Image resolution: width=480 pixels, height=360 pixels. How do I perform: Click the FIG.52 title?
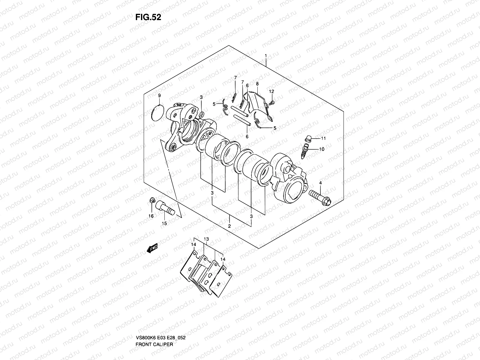click(x=148, y=17)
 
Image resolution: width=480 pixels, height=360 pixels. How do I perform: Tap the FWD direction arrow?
click(x=152, y=249)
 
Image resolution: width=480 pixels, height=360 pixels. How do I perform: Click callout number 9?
click(x=159, y=95)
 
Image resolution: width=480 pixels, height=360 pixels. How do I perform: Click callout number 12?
click(x=271, y=91)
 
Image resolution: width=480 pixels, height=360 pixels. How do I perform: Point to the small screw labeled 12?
click(x=272, y=103)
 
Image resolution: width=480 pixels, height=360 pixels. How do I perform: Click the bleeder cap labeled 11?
click(x=308, y=139)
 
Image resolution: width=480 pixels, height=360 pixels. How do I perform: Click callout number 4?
click(x=320, y=183)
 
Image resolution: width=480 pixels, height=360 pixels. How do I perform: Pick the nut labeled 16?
click(x=152, y=200)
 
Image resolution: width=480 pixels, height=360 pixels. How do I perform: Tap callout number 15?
click(x=164, y=223)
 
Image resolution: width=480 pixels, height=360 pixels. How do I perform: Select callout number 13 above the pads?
click(x=206, y=239)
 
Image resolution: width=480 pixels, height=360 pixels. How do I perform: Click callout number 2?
click(x=229, y=226)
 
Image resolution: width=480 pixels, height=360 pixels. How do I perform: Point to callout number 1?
click(x=265, y=56)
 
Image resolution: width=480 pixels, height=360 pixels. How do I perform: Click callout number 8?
click(x=257, y=84)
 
